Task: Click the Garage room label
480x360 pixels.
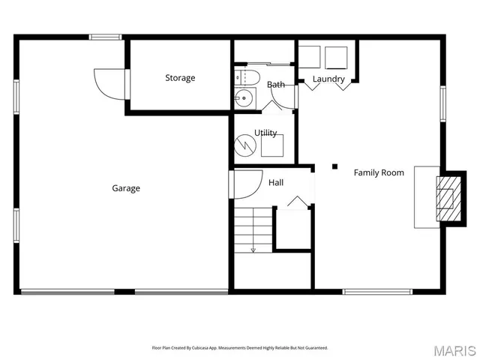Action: click(126, 188)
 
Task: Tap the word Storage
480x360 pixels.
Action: click(180, 78)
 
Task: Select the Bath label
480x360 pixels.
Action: click(276, 85)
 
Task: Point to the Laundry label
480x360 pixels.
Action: click(328, 79)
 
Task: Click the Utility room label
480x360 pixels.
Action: click(265, 133)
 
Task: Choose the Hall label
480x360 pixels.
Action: click(276, 182)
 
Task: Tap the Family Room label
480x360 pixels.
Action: click(379, 172)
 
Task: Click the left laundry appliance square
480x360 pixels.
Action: click(309, 57)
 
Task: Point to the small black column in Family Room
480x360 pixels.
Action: click(335, 166)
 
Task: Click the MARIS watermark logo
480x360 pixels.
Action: click(455, 350)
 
